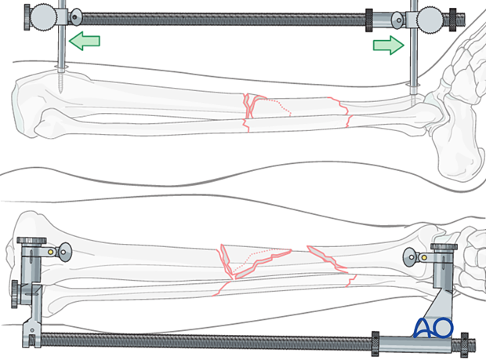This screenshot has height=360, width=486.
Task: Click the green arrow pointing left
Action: [x=84, y=41]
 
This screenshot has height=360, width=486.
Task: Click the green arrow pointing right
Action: [x=389, y=45]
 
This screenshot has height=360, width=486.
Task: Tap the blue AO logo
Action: [x=433, y=327]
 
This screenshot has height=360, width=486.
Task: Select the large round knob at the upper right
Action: [x=430, y=19]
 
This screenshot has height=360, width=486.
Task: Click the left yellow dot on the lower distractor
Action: [x=50, y=252]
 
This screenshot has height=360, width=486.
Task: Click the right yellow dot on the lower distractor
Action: [x=424, y=257]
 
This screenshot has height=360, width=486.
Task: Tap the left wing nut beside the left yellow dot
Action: [x=64, y=252]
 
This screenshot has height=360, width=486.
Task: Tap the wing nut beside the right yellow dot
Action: [x=411, y=257]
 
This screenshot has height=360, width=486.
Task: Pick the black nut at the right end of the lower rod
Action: [x=464, y=344]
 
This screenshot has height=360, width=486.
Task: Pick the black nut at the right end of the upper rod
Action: [x=453, y=20]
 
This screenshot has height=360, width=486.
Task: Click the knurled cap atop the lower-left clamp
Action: [x=31, y=241]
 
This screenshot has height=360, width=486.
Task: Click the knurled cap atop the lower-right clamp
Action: [x=444, y=247]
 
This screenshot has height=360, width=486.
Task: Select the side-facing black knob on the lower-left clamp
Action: [x=15, y=294]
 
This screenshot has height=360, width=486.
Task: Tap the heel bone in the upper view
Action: [x=459, y=155]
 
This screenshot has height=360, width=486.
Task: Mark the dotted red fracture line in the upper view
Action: [x=276, y=106]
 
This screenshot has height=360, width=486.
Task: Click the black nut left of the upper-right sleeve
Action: [x=369, y=20]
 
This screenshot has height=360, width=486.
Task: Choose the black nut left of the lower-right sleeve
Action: [x=375, y=344]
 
